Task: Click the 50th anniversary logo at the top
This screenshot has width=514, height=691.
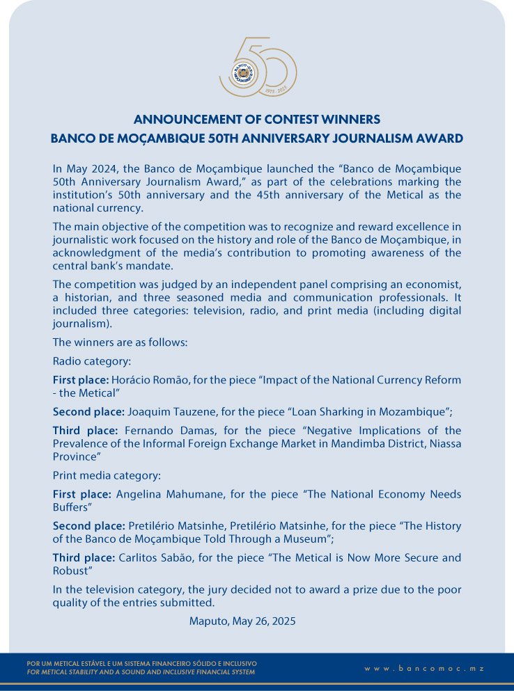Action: (x=257, y=67)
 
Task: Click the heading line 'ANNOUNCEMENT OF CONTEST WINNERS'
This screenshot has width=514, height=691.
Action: (x=257, y=119)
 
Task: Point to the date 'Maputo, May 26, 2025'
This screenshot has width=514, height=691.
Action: (x=242, y=621)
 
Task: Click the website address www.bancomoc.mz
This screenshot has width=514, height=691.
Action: (x=423, y=668)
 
